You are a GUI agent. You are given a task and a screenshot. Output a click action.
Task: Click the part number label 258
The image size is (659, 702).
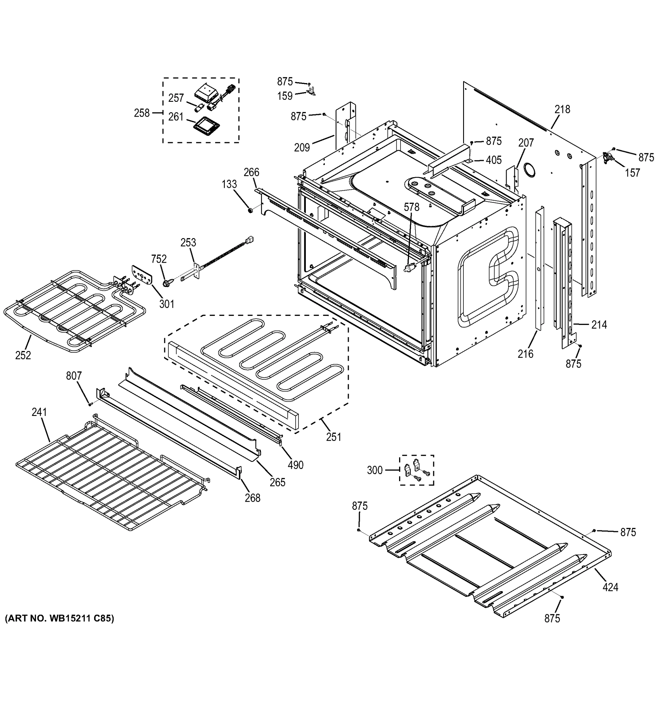[142, 113]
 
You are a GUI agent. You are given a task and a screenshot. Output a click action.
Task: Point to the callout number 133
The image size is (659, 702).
[229, 184]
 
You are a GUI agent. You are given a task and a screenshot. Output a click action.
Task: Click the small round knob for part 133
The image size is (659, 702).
[250, 211]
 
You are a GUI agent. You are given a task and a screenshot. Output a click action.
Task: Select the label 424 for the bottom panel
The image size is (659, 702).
[610, 587]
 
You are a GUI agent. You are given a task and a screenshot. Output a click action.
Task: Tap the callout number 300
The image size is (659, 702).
[375, 470]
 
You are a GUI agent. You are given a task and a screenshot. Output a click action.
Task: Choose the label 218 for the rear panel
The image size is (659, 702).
[562, 109]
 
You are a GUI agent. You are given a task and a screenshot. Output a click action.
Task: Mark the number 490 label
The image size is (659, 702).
[295, 465]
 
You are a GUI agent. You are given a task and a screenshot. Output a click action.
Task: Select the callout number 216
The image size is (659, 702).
[525, 353]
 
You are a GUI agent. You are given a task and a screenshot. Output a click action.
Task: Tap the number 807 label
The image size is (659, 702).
[74, 376]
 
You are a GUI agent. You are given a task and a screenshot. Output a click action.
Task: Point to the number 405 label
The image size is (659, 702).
[494, 160]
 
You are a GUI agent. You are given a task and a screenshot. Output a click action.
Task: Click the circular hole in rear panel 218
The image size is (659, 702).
[528, 170]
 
